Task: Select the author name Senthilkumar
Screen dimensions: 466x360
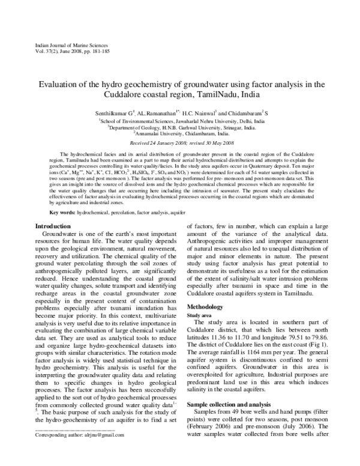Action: coord(108,113)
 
